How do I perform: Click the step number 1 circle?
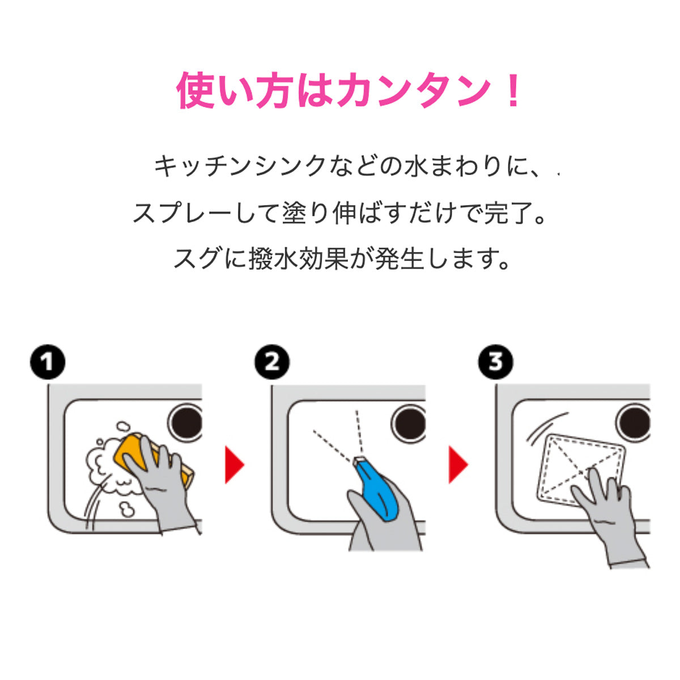tap(48, 362)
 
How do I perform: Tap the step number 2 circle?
tap(272, 362)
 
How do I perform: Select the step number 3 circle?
tap(496, 362)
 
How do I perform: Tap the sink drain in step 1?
tap(186, 422)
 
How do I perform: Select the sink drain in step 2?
tap(409, 423)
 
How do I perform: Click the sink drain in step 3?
tap(634, 423)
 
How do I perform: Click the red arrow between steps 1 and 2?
tap(234, 464)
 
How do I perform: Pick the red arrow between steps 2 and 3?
tap(458, 464)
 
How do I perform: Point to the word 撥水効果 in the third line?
tap(299, 260)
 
